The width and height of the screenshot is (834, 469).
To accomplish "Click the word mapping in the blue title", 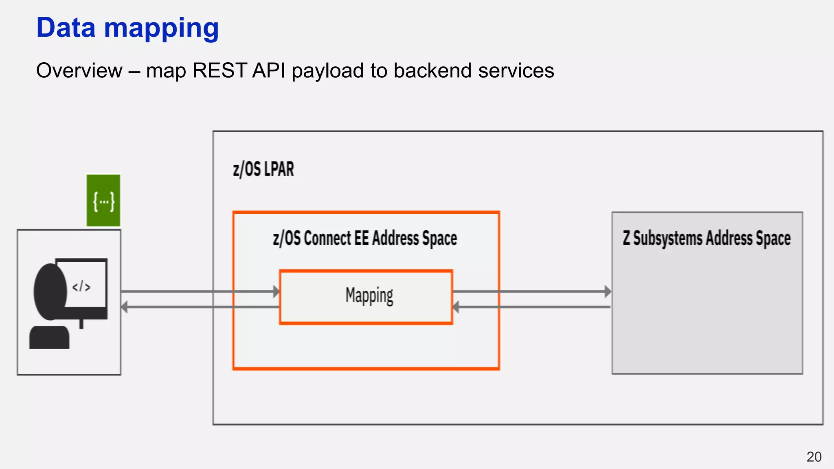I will (161, 28).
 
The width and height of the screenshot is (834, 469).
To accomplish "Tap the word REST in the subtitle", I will (219, 70).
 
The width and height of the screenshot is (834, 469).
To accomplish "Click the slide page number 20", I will (814, 457).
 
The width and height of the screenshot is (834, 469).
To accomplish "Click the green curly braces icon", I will (103, 201).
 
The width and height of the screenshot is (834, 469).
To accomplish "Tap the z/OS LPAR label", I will (263, 169).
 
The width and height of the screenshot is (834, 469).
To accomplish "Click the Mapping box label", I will (369, 296).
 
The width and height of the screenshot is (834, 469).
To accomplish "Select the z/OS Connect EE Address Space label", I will (365, 238).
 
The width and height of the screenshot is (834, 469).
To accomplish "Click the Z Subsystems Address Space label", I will (707, 238).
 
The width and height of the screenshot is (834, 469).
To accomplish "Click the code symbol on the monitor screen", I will (81, 287).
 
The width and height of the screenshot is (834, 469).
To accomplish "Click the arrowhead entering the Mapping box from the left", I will (277, 291).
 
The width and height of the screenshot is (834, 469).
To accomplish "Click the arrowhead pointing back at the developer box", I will (124, 307).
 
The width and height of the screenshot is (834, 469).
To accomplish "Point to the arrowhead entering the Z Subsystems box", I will (608, 291).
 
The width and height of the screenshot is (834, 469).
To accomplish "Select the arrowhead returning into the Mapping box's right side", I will (456, 307).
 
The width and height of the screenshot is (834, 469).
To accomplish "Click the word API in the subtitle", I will (268, 70).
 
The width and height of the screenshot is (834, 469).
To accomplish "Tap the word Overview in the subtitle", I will (79, 70).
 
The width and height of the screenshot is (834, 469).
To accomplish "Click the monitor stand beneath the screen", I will (81, 324).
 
